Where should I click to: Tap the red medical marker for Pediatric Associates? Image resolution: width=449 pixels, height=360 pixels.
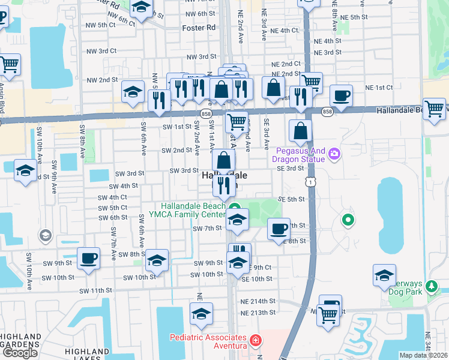click(256, 341)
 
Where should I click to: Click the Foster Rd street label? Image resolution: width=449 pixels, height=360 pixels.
click(200, 28)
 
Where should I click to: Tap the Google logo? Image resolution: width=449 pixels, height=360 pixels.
click(20, 352)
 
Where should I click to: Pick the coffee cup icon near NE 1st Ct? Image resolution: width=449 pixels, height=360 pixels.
click(340, 95)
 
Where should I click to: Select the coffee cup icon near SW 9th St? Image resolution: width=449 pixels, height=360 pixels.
click(88, 258)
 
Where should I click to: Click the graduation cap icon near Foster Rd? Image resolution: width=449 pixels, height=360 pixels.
click(142, 8)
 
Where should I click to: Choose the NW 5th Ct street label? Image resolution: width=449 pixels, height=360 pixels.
click(101, 25)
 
